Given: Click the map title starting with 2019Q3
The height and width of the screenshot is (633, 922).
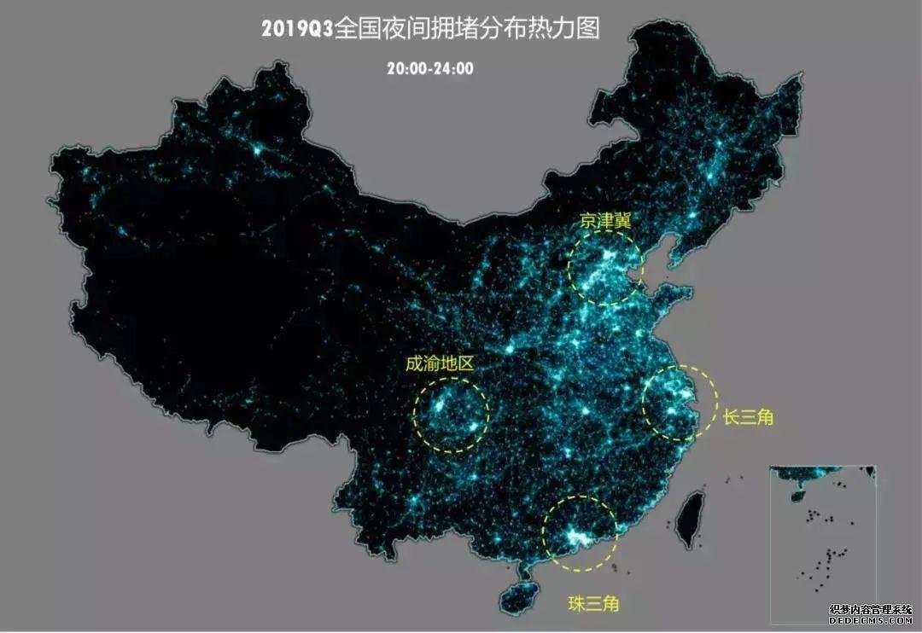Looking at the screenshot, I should (x=430, y=28).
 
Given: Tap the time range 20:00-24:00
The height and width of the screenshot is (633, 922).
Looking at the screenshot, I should (x=429, y=68).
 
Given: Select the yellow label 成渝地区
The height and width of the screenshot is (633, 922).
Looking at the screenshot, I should (x=439, y=363).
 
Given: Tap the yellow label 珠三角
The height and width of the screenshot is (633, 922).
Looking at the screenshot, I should (x=593, y=603).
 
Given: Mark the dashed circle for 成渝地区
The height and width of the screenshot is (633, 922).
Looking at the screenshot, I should (x=452, y=414).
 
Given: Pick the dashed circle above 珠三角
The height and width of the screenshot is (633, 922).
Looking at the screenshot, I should (x=581, y=533).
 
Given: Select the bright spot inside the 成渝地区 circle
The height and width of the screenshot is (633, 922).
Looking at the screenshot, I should (x=440, y=405).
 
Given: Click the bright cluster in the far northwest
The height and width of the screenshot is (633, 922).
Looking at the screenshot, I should (x=255, y=149).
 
